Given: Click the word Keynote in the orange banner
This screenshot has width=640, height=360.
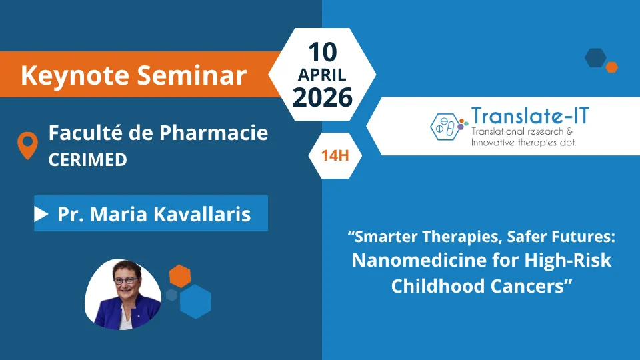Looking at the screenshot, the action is coord(75,75).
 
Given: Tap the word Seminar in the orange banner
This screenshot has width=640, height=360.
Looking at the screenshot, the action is coord(191,75).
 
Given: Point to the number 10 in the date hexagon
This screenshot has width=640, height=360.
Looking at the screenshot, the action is coord(322,52).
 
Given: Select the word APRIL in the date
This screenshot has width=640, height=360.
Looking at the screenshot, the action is coord(322,75).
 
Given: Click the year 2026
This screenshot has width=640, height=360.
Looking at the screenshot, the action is coord(323,97).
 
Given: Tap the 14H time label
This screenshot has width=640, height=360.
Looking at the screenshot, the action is coord(335,155).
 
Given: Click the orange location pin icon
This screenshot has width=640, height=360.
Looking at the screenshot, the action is coord(28,145).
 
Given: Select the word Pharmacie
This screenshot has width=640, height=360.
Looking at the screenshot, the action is coord(213,133).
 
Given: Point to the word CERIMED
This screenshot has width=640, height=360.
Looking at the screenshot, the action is coord(88,159).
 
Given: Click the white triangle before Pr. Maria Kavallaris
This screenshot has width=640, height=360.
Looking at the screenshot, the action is coord(41,214).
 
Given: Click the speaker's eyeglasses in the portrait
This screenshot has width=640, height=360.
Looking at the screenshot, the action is coord(125,281).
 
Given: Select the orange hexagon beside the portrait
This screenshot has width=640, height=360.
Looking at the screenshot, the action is coord(180,276).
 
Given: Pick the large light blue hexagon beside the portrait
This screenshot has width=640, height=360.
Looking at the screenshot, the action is coord(195,301).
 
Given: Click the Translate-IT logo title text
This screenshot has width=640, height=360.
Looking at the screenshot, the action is coord(530,116).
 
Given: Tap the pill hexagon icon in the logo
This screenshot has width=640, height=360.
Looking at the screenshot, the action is coord(445,127).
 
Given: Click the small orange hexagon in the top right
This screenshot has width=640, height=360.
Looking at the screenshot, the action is coord(611,67).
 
